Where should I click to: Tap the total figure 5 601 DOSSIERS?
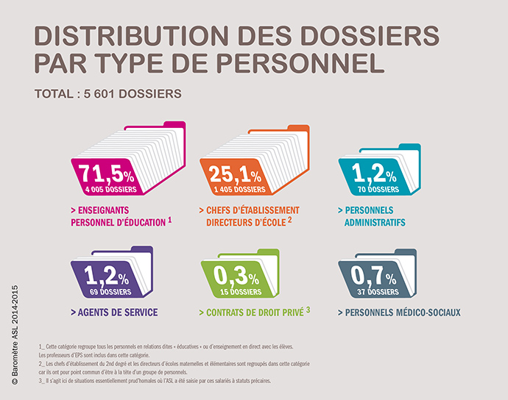coord(143,94)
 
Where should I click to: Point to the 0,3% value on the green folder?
coord(235,277)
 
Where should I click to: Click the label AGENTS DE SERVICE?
coord(118,312)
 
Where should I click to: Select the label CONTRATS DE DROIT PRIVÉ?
coord(250,312)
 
